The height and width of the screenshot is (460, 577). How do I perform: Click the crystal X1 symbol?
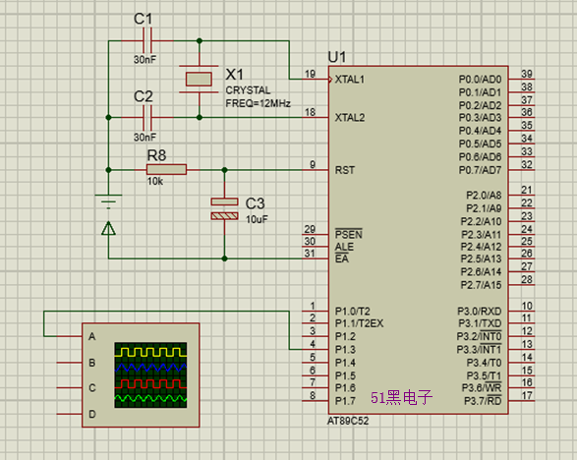pos(199,79)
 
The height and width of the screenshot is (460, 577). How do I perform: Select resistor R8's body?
pos(166,170)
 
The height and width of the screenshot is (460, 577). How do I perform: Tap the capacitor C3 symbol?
pos(224,208)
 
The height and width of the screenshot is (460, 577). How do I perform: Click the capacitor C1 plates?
pos(147,40)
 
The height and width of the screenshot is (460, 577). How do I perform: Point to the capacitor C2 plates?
pos(147,117)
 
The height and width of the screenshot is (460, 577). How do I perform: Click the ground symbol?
pos(108,201)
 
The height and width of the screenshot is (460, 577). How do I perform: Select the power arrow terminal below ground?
pos(108,228)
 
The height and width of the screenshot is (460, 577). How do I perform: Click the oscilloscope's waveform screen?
pos(150,375)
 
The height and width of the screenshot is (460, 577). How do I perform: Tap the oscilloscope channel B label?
pos(92,363)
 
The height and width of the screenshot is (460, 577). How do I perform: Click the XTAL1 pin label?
pos(349,79)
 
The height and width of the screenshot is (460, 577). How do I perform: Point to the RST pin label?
pos(345,170)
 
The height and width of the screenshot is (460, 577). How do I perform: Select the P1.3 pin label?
pos(345,349)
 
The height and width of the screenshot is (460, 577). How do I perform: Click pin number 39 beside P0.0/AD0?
pos(527,74)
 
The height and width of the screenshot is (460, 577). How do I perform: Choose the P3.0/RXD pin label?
pos(479,312)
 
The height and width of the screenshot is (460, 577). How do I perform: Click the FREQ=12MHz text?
pos(258,103)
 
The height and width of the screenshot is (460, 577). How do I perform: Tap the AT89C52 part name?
pos(348,421)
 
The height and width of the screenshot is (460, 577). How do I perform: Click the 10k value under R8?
pos(155,181)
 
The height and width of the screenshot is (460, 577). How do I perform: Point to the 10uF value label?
pos(257,219)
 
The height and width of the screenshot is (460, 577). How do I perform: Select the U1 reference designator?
pos(337,57)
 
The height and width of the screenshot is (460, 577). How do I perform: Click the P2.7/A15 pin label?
pos(481,285)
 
